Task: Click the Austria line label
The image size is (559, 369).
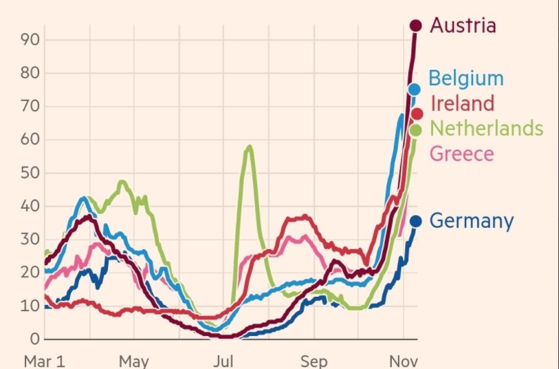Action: pos(463,25)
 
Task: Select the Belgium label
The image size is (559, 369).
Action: pos(466,78)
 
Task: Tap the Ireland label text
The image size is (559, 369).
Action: pos(462,103)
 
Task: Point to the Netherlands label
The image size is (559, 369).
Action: pos(486,128)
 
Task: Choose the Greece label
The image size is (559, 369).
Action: pos(461,153)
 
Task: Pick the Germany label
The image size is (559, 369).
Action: pos(471,221)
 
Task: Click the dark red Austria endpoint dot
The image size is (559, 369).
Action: pos(415,25)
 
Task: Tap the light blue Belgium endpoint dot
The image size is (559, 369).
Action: pos(414,89)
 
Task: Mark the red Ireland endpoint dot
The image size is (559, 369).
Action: pos(417,114)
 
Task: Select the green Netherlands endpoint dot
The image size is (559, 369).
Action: pos(415,129)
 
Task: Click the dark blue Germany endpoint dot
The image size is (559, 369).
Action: pos(415,221)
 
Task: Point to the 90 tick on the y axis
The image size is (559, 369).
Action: pos(30,40)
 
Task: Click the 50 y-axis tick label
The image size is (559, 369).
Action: pos(30,173)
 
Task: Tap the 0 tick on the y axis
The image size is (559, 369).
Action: pos(34,339)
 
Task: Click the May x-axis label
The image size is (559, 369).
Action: pos(133,361)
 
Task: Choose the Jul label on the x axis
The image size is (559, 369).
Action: pos(223,361)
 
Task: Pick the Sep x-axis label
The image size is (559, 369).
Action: pos(314,361)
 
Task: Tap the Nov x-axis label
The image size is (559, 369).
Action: pos(404,361)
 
